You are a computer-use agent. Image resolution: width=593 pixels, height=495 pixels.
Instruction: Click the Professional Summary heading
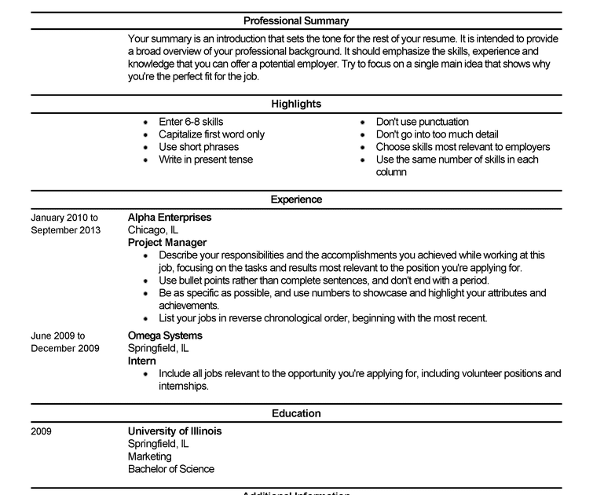point(296,21)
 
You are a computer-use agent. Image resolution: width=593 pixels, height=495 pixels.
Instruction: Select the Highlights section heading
point(296,104)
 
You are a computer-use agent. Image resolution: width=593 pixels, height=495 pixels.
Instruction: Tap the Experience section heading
point(296,200)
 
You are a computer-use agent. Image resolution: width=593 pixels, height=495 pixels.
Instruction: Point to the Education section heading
point(296,413)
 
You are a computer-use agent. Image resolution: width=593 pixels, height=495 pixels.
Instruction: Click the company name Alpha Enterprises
point(170,218)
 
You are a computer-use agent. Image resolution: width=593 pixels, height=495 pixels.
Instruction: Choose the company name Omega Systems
point(165,335)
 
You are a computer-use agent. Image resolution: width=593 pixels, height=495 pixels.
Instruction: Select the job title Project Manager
point(167,243)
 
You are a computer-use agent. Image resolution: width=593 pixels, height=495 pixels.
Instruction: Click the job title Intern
point(142,361)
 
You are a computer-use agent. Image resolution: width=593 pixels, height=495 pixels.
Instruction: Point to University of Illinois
point(174,431)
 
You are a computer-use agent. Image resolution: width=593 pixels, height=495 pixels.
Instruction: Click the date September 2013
point(66,230)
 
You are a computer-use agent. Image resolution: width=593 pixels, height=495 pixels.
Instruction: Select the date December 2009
point(65,348)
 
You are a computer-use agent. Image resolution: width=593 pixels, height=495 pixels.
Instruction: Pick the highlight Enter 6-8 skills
point(191,122)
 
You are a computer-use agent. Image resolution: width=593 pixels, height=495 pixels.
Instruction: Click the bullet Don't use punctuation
point(423,122)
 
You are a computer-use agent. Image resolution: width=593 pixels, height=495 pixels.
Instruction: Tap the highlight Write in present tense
point(206,159)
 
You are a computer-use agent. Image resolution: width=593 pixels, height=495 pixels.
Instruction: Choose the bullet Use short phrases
point(199,147)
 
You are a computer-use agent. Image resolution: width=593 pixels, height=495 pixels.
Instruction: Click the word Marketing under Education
point(149,456)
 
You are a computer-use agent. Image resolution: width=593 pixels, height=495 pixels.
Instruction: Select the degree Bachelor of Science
point(171,469)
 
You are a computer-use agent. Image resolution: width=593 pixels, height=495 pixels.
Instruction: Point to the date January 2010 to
point(64,218)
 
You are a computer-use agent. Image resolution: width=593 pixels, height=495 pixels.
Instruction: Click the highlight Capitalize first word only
point(211,134)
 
